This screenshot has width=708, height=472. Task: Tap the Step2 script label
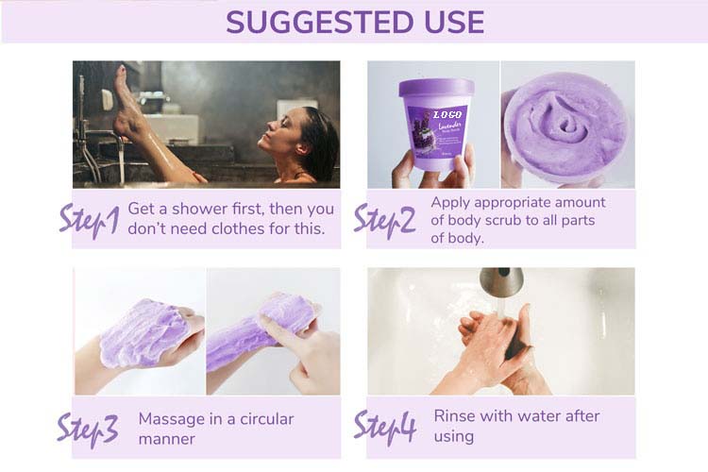[384, 218]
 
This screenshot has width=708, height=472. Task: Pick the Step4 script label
[384, 427]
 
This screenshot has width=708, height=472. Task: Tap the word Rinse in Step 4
[454, 416]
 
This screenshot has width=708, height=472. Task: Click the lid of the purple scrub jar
[436, 89]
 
